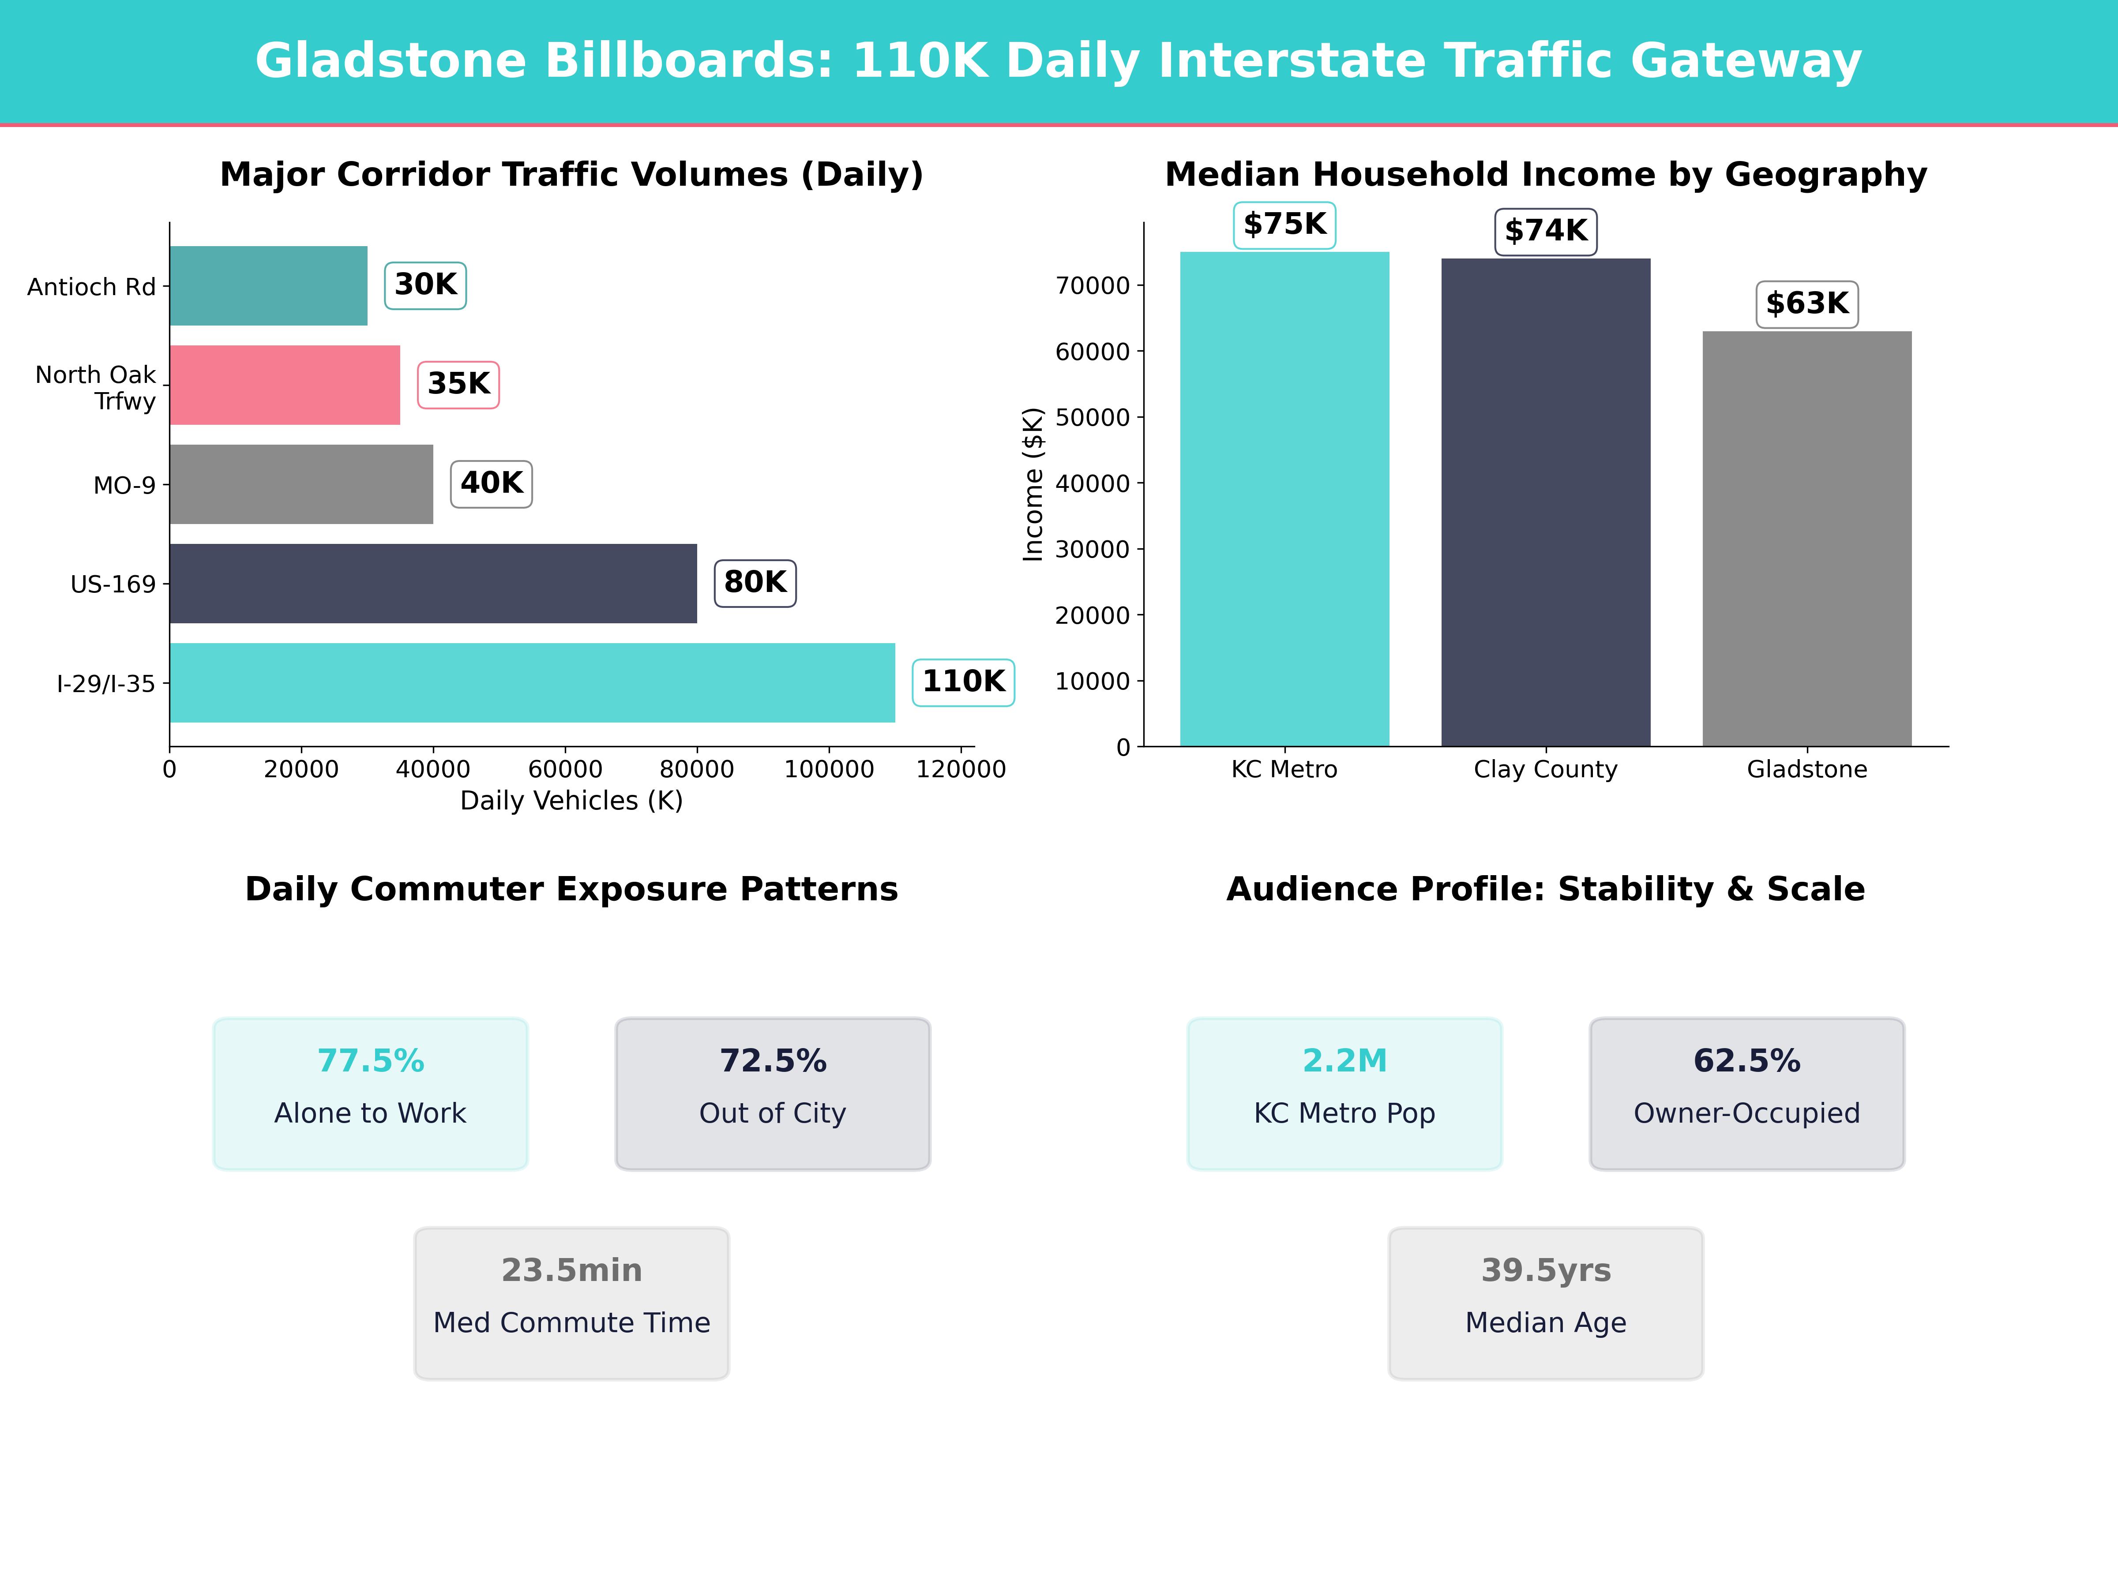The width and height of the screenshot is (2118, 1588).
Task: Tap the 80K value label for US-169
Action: (755, 582)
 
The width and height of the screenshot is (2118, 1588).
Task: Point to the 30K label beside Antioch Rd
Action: (425, 284)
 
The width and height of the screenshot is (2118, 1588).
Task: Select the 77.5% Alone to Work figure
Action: (371, 1060)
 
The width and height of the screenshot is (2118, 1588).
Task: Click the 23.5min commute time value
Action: (571, 1270)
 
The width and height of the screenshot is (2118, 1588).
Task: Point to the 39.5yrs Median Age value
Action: (1545, 1270)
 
